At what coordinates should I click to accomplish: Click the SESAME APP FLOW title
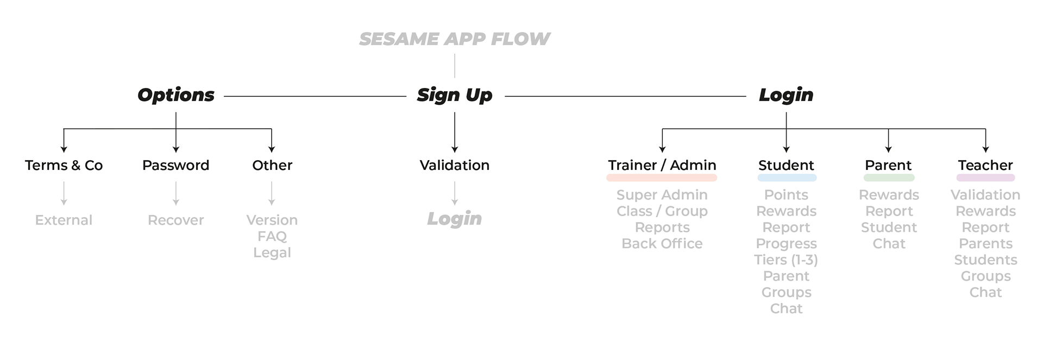(454, 39)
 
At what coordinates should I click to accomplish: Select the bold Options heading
(175, 95)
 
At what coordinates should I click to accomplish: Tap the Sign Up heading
(454, 95)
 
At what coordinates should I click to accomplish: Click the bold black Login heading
(786, 95)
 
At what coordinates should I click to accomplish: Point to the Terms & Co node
(64, 165)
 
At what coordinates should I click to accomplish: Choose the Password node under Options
(175, 165)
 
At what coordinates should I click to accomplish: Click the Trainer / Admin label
(662, 165)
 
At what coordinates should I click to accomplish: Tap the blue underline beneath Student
(787, 178)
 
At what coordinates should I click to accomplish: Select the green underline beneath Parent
(889, 178)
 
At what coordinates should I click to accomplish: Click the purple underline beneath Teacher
(985, 178)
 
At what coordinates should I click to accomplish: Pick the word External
(64, 220)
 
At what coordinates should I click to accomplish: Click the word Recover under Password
(175, 220)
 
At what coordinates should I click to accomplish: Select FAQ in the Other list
(272, 236)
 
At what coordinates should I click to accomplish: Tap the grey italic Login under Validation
(454, 219)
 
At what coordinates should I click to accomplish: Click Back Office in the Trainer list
(662, 244)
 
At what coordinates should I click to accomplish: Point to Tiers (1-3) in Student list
(786, 260)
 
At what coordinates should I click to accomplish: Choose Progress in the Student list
(786, 244)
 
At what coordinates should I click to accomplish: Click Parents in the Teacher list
(985, 244)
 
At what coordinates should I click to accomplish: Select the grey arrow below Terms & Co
(64, 193)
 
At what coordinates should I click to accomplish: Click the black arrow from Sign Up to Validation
(454, 132)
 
